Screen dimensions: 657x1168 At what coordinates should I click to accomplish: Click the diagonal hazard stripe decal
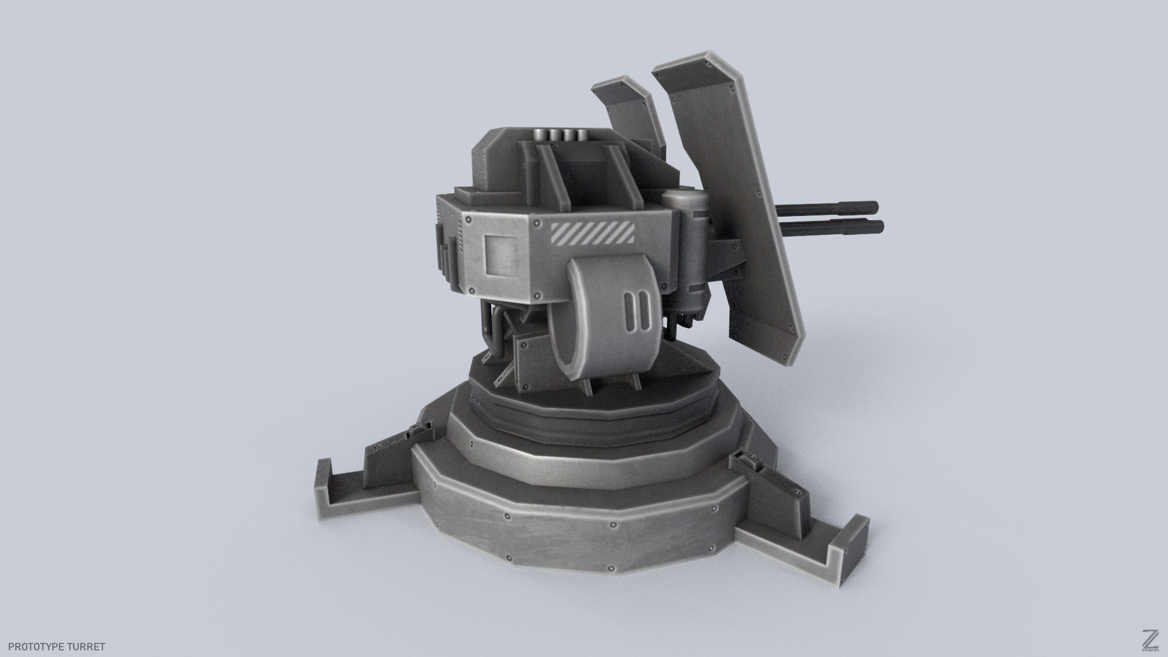click(x=593, y=234)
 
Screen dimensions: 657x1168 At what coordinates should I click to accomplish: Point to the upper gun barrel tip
click(x=875, y=206)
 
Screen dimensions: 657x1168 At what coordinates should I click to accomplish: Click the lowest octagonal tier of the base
click(x=578, y=523)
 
